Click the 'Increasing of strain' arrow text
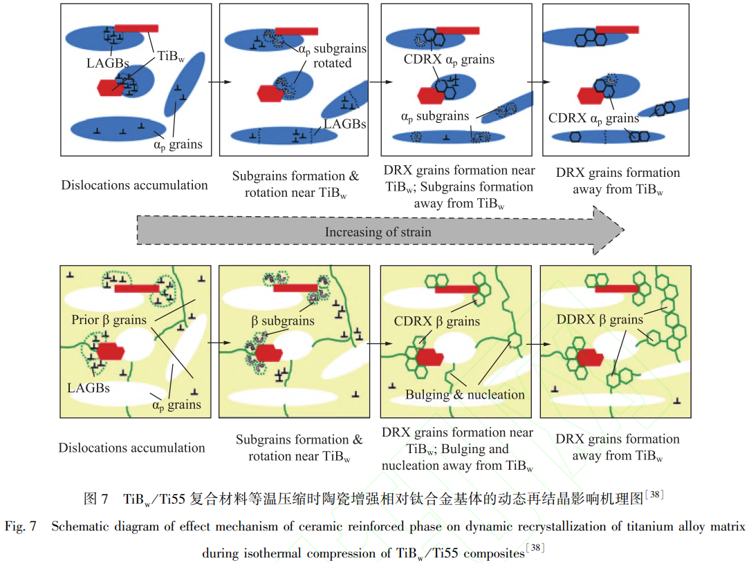click(x=378, y=232)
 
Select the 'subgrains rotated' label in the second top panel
click(x=332, y=56)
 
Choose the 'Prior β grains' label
click(x=109, y=321)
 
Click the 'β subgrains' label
click(x=282, y=321)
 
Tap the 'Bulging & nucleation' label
click(x=465, y=394)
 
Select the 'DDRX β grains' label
click(x=599, y=320)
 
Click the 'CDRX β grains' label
click(x=436, y=321)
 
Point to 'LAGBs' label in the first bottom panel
click(x=89, y=388)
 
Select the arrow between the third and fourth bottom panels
click(x=535, y=343)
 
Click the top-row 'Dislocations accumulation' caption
click(x=134, y=184)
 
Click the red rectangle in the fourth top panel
click(x=617, y=30)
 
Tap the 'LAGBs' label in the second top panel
click(x=344, y=124)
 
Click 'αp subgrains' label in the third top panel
click(x=434, y=116)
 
